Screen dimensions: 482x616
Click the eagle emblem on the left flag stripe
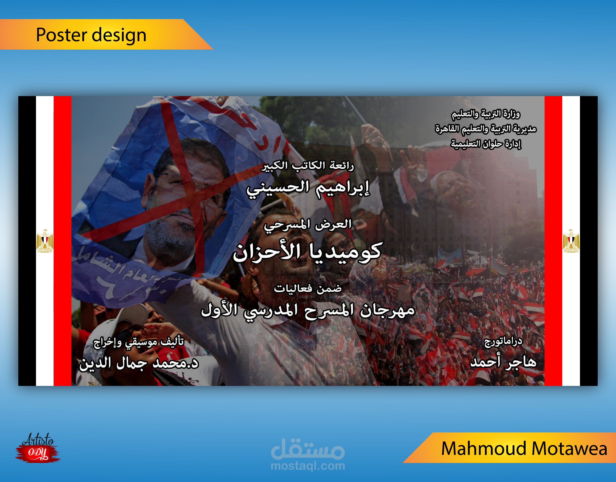(45, 241)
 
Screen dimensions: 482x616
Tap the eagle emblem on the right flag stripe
(571, 241)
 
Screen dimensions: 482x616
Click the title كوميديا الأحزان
(307, 251)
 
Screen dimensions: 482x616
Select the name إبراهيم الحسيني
(308, 189)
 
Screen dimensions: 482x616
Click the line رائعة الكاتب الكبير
(307, 166)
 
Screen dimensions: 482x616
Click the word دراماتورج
(503, 342)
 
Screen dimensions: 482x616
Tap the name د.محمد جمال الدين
(139, 363)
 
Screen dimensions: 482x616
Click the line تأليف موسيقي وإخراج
(139, 342)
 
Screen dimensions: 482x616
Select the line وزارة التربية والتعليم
(486, 114)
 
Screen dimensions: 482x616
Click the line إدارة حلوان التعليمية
(486, 144)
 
